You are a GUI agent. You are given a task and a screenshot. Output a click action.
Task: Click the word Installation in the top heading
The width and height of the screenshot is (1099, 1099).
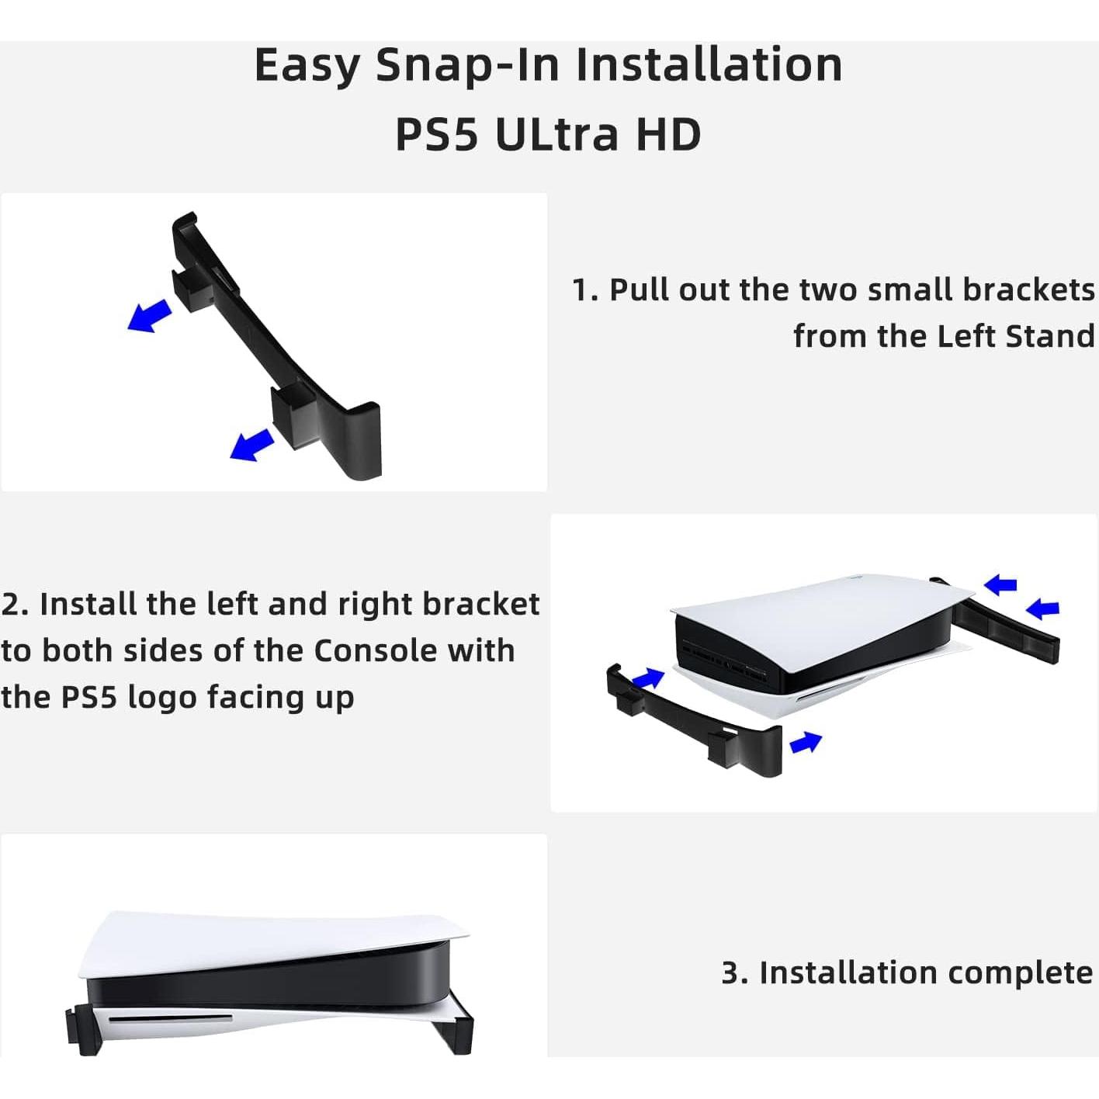click(709, 65)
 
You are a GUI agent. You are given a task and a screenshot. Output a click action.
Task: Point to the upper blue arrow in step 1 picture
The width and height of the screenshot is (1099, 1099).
click(150, 315)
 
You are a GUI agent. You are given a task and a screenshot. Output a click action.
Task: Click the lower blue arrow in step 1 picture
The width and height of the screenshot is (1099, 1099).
click(251, 444)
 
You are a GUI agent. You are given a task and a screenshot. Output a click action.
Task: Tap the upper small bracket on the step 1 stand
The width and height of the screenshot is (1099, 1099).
click(192, 289)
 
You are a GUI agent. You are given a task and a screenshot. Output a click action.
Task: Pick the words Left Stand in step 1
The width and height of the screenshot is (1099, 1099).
click(1016, 336)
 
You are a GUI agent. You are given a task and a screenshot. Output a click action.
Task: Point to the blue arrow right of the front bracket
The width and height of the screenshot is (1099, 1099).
click(806, 743)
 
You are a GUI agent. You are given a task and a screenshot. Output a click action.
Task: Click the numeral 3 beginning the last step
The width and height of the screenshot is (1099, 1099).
click(731, 973)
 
